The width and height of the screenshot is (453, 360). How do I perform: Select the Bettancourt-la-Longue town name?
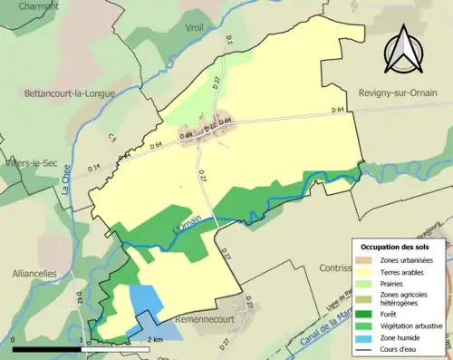point(65,92)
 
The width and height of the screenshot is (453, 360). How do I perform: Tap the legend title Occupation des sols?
point(394,247)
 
